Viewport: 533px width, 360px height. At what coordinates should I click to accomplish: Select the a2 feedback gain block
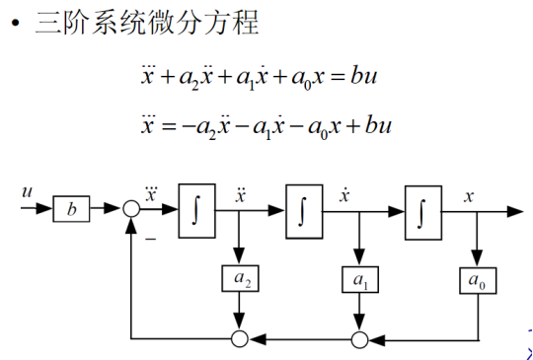click(x=240, y=281)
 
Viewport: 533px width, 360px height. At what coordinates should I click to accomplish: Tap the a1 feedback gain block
click(x=359, y=281)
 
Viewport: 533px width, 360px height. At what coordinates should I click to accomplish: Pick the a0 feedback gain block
click(x=479, y=281)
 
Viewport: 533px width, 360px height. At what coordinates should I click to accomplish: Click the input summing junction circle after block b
click(x=131, y=209)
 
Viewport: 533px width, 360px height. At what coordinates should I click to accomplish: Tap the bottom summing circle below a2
click(x=240, y=339)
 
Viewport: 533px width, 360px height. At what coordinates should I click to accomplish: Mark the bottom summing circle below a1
click(x=359, y=339)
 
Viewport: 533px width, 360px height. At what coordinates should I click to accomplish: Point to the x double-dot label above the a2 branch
click(x=240, y=191)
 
